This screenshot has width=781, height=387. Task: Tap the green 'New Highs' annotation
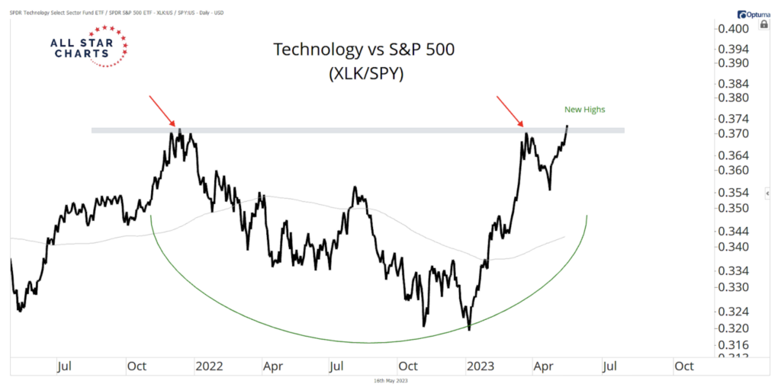[x=585, y=110]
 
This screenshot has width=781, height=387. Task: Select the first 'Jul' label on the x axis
[x=66, y=366]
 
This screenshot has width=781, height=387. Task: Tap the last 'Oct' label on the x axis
[x=683, y=366]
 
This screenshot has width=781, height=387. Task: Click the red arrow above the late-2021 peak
[x=162, y=111]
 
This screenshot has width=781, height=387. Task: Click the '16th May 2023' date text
[x=390, y=379]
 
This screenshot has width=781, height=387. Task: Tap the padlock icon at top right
[x=763, y=24]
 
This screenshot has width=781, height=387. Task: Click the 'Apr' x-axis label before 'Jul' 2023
[x=544, y=366]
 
